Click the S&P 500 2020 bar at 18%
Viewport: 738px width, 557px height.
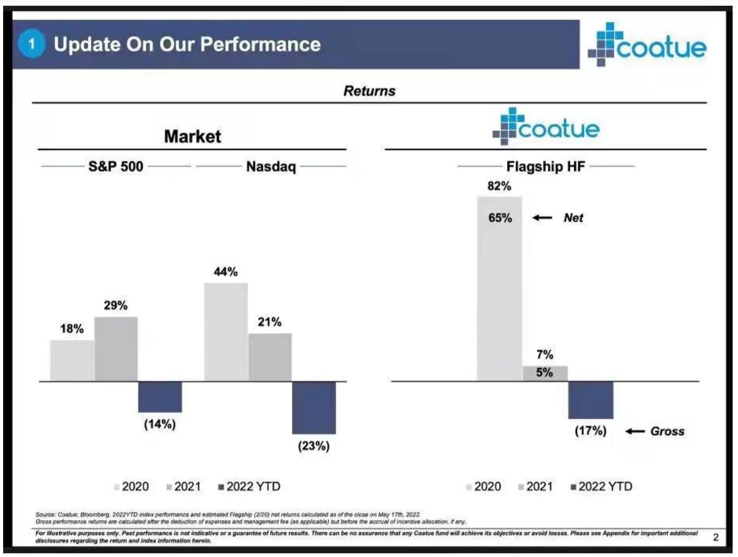click(72, 361)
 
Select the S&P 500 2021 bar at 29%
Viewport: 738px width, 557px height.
click(116, 349)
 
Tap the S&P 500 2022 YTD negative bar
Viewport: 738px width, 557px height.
click(160, 396)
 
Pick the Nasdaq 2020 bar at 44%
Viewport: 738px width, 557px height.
click(226, 332)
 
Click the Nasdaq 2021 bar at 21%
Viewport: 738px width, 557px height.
click(270, 357)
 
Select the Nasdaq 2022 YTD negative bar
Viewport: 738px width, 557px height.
click(314, 407)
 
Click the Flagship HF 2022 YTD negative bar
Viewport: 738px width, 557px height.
click(590, 400)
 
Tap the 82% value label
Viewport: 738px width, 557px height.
click(499, 186)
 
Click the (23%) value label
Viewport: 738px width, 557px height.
click(314, 446)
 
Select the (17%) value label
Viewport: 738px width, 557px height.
click(590, 431)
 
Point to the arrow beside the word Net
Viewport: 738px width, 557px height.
click(543, 218)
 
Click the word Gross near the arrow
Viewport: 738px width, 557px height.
click(667, 431)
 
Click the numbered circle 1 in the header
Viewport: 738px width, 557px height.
click(31, 44)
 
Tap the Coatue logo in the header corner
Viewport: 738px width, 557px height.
click(647, 45)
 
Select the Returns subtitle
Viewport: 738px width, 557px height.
click(369, 91)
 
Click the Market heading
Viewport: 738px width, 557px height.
click(192, 136)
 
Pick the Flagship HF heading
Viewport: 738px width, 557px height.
click(546, 166)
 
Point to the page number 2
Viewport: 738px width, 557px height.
click(716, 537)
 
